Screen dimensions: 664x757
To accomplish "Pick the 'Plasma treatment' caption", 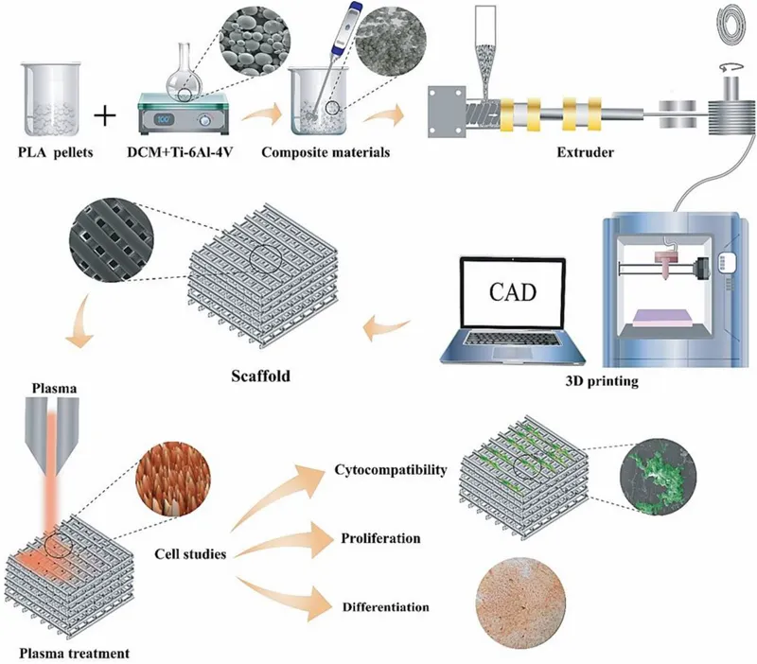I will pyautogui.click(x=66, y=653).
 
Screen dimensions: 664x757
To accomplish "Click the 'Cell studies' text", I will pyautogui.click(x=190, y=553).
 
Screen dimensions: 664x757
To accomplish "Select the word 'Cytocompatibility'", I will pyautogui.click(x=390, y=469).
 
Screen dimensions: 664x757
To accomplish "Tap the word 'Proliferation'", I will pyautogui.click(x=378, y=538).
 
